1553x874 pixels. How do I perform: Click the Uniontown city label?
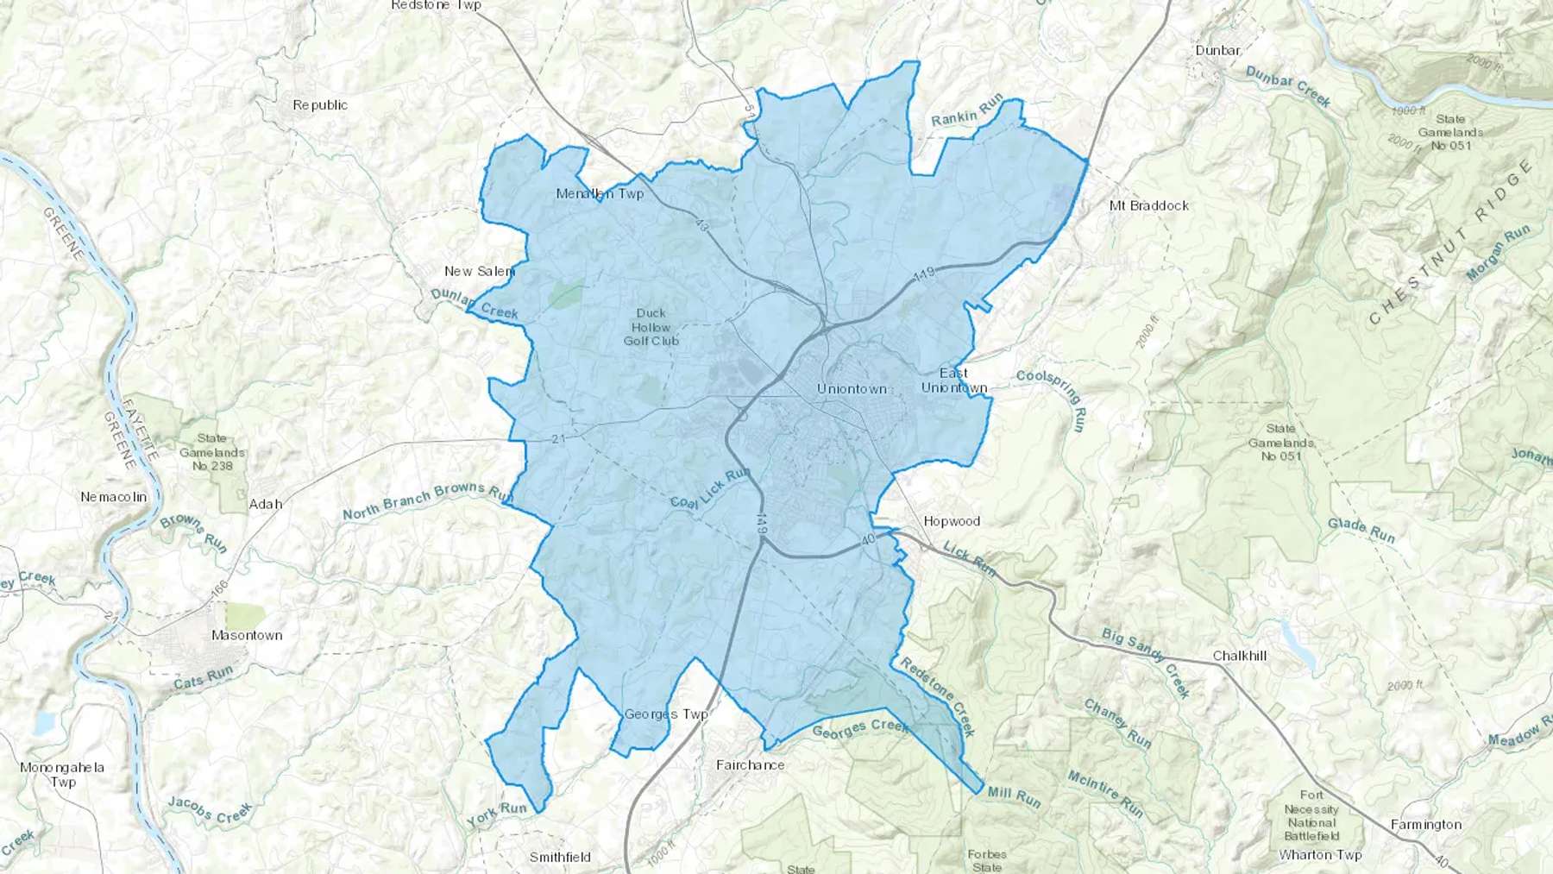coord(852,389)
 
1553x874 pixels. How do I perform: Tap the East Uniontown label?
coord(953,380)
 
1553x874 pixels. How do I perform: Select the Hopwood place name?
coord(952,521)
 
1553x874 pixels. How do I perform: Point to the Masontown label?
coord(247,635)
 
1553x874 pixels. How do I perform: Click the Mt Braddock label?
coord(1148,205)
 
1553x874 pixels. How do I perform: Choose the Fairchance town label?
coord(751,764)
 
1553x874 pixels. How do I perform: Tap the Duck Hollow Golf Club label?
coord(651,327)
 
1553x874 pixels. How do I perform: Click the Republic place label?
coord(320,104)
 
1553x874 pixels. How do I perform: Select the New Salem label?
coord(480,271)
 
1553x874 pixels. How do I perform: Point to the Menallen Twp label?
coord(600,193)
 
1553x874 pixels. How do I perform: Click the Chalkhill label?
coord(1239,656)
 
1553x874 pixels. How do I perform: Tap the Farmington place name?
coord(1425,825)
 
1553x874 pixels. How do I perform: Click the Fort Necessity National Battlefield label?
coord(1311,815)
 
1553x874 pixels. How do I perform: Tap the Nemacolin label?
coord(114,497)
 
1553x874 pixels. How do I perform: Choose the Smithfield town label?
coord(560,857)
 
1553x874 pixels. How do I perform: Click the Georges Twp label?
coord(666,714)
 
